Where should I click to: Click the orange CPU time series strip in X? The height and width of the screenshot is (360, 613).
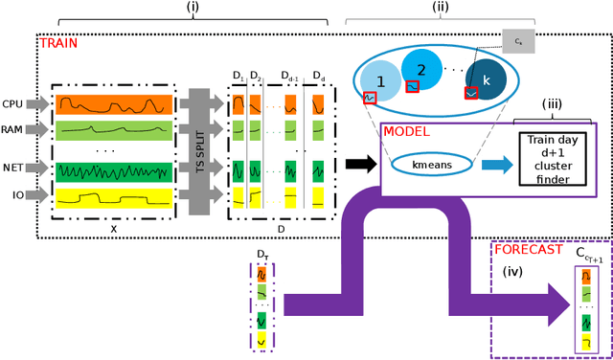pos(114,101)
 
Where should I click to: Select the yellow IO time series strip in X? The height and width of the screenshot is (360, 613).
pos(114,198)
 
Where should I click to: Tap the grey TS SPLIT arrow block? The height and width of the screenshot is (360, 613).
pos(201,148)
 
